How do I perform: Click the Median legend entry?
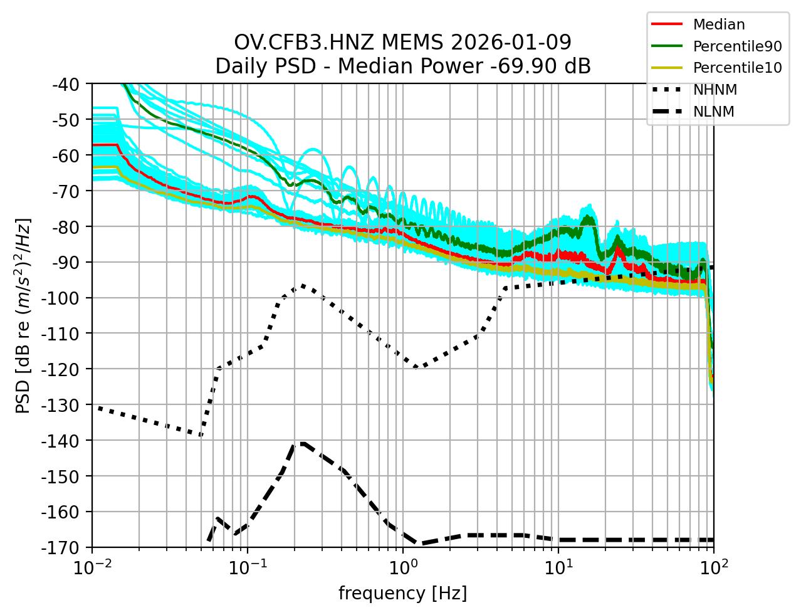tap(718, 25)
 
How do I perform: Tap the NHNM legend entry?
tap(715, 90)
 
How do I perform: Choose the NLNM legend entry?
tap(713, 112)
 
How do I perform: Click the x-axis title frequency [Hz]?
tap(402, 593)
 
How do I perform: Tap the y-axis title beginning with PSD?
tap(23, 315)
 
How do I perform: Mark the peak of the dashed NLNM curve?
tap(302, 443)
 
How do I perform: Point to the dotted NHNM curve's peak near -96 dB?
tap(303, 285)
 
